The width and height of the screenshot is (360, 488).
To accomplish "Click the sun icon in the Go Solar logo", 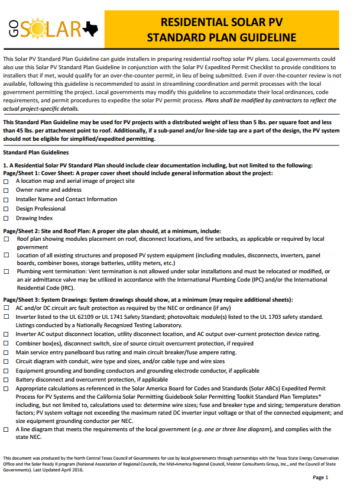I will click(x=36, y=28).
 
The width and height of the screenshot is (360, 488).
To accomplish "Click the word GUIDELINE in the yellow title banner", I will click(x=265, y=38).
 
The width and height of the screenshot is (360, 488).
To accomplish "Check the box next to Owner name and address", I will click(x=6, y=190).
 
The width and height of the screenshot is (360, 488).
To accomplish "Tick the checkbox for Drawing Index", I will click(x=6, y=219).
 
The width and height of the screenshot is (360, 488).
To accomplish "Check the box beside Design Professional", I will click(x=6, y=209).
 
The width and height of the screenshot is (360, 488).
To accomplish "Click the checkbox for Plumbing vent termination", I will click(x=6, y=272).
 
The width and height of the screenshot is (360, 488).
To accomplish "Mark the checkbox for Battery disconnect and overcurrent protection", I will click(x=6, y=380).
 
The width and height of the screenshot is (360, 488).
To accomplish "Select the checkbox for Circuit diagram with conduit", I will click(x=6, y=361).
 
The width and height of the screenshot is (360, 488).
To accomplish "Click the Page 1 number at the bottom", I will click(x=336, y=477).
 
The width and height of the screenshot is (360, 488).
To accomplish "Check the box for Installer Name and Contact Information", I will click(x=6, y=200).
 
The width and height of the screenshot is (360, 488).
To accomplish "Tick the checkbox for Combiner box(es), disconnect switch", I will click(x=6, y=343).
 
